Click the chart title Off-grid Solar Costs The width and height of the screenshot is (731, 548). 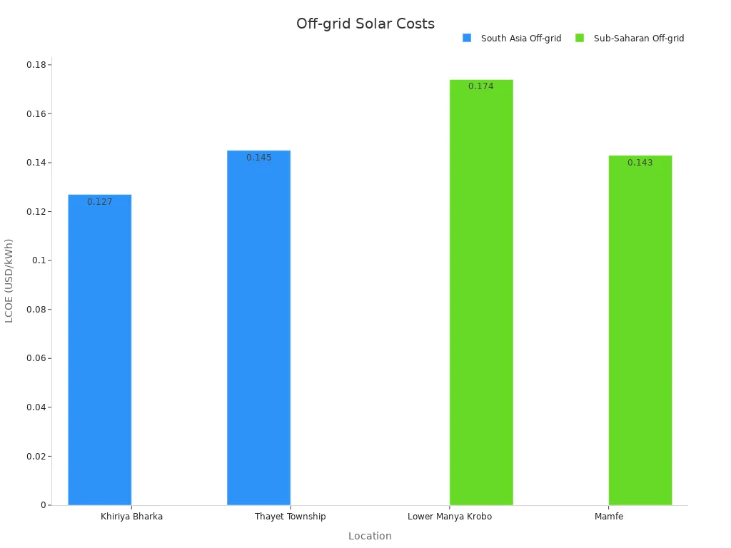point(365,24)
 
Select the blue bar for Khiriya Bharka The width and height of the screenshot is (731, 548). point(100,350)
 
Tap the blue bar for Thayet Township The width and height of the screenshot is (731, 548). point(259,328)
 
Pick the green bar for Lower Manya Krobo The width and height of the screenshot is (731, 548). point(481,293)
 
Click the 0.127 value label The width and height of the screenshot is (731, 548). point(100,202)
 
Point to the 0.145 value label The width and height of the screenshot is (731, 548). point(259,158)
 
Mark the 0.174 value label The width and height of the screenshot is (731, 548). point(481,86)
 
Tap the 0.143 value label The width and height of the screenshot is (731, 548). point(640,163)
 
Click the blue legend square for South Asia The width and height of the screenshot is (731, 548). point(467,38)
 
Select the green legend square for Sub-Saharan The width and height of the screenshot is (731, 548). point(580,38)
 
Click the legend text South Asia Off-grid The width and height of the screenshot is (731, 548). point(521,39)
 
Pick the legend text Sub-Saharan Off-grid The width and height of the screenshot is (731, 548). point(639,39)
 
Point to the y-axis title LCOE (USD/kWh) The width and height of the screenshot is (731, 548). point(9,280)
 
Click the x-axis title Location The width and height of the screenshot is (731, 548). point(370,536)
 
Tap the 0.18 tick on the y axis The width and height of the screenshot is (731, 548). point(36,65)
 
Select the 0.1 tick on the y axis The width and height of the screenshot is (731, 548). point(39,260)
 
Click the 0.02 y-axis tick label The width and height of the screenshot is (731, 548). point(36,456)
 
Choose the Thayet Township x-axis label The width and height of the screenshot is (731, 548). point(291,517)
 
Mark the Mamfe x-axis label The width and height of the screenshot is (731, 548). point(609,517)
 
